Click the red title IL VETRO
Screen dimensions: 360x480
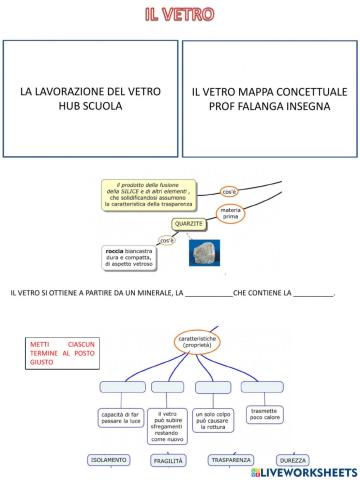(180, 14)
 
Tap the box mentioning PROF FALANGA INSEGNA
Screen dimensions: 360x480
(267, 97)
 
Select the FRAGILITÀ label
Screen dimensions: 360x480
(168, 461)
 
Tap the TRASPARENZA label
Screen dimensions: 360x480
(231, 461)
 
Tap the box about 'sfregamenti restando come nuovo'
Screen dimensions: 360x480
(171, 424)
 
